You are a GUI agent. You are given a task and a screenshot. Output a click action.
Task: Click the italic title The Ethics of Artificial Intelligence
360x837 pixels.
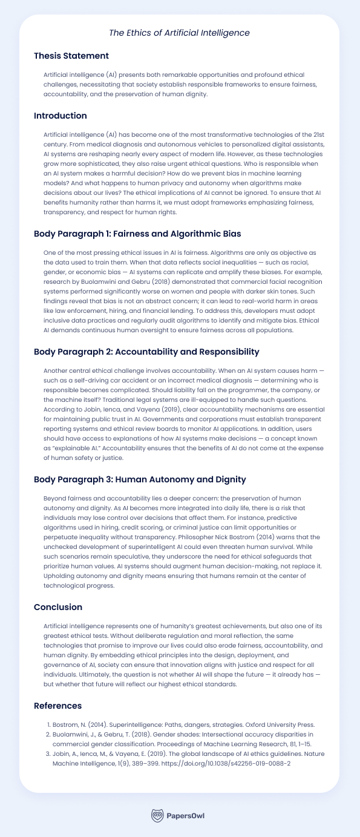click(x=180, y=32)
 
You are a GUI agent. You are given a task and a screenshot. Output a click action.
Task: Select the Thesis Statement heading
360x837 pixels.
click(x=71, y=56)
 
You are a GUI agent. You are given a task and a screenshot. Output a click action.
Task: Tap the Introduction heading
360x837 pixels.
click(x=61, y=116)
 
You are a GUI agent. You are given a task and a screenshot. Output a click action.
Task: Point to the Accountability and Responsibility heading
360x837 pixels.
click(x=146, y=352)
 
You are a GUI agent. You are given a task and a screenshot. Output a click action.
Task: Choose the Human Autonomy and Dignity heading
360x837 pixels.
click(x=140, y=479)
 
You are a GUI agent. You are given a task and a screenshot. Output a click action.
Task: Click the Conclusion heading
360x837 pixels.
click(x=57, y=607)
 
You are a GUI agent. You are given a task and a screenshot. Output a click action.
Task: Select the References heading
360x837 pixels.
click(x=57, y=705)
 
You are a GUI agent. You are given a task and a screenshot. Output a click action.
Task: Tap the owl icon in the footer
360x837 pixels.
click(x=157, y=815)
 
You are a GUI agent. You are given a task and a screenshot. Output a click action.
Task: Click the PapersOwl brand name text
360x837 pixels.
click(x=186, y=816)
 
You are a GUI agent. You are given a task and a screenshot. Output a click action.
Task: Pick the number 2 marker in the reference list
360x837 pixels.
click(x=48, y=735)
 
